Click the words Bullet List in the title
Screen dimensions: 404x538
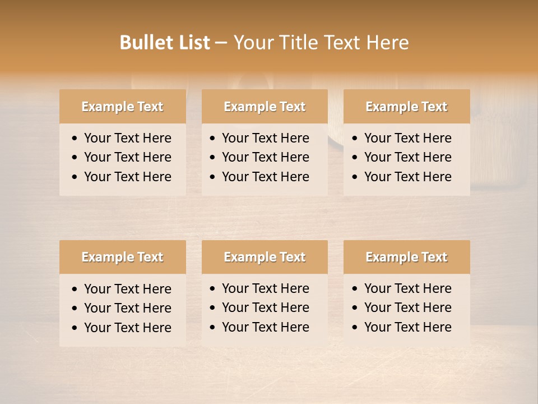coord(165,43)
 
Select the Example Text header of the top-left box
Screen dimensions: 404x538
coord(122,107)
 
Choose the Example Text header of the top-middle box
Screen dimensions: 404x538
coord(265,107)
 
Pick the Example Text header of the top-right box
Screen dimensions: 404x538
coord(406,107)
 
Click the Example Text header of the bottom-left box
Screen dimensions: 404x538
coord(122,257)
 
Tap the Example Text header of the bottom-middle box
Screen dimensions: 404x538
coord(265,257)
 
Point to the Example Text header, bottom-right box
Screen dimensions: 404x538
coord(406,257)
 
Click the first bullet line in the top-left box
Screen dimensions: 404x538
coord(127,138)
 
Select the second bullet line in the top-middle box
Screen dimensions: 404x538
coord(265,157)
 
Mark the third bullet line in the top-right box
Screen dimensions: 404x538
coord(407,177)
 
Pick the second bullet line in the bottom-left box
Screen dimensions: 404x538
coord(127,308)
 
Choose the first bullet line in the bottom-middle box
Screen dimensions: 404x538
coord(265,288)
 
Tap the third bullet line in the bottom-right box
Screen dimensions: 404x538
coord(407,327)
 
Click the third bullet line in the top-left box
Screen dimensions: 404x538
coord(127,177)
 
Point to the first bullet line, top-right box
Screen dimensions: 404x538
coord(407,138)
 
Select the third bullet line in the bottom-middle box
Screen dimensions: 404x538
coord(265,327)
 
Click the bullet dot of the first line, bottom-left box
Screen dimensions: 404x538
coord(75,290)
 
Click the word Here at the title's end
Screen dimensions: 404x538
coord(387,43)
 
